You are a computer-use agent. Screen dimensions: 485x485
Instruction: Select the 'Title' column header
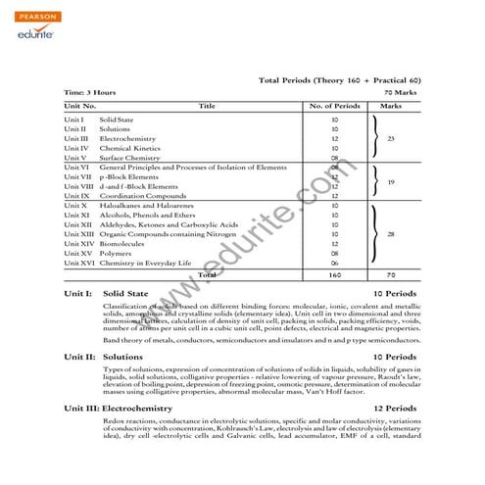[x=207, y=104]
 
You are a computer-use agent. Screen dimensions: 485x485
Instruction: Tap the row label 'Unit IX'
[x=76, y=196]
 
